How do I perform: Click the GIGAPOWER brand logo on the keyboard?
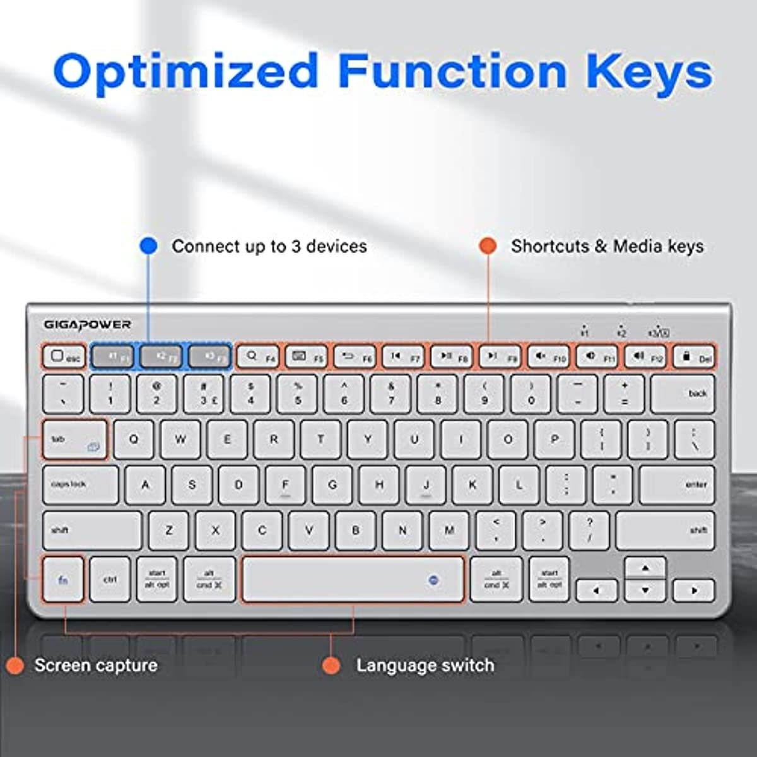pos(87,324)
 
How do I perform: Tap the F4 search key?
pos(258,357)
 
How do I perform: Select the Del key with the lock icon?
pos(694,357)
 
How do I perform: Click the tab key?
pos(74,440)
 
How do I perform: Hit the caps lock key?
pos(80,484)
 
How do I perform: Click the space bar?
pos(353,580)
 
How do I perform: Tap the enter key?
pos(677,484)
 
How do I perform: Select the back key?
pos(683,394)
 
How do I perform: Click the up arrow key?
pos(645,568)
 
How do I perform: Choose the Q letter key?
pos(134,440)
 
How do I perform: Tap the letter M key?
pos(449,531)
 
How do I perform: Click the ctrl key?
pos(110,580)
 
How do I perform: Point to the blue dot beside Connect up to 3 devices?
pos(148,246)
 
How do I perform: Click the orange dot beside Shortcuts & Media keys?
pos(488,246)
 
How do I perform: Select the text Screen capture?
pos(96,666)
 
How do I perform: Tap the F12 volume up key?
pos(645,357)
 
